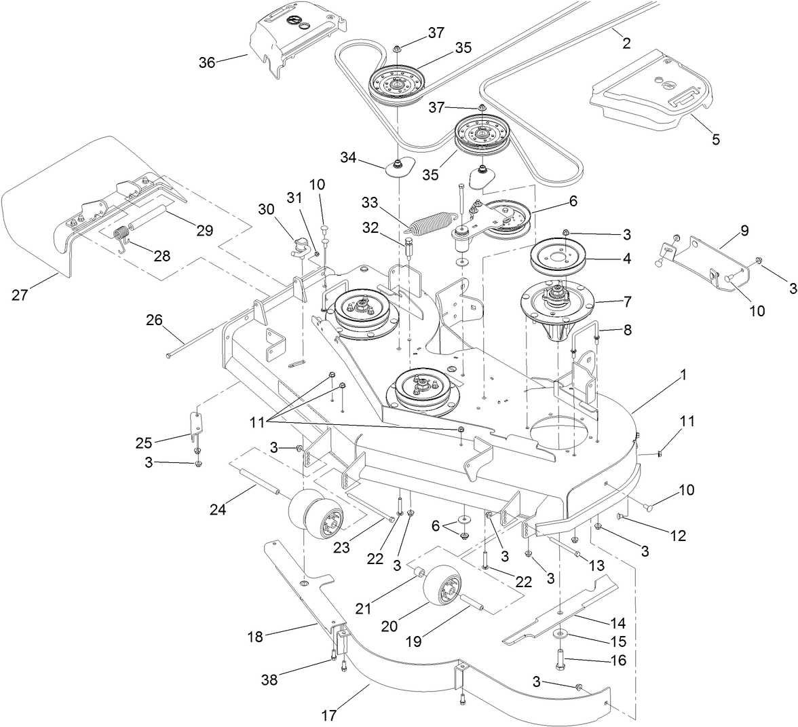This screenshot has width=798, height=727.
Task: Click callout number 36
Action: point(207,62)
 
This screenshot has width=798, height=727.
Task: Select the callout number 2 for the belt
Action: point(626,43)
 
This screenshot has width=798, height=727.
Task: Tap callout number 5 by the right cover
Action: point(715,140)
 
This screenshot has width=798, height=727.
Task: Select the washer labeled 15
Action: point(560,634)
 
